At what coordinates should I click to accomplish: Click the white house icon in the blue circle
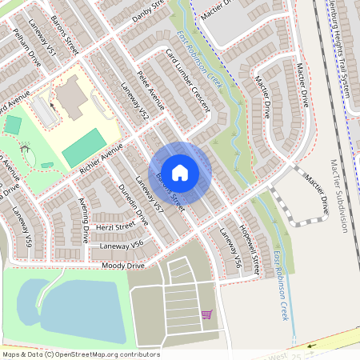pyautogui.click(x=180, y=172)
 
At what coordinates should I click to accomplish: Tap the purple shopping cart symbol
pyautogui.click(x=206, y=314)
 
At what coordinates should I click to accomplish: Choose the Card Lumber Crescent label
pyautogui.click(x=189, y=80)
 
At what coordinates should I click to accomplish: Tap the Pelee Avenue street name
pyautogui.click(x=150, y=93)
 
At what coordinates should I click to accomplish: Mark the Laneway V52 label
pyautogui.click(x=134, y=102)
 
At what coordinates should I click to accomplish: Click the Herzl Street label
pyautogui.click(x=113, y=227)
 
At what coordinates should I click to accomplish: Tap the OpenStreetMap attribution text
pyautogui.click(x=80, y=354)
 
